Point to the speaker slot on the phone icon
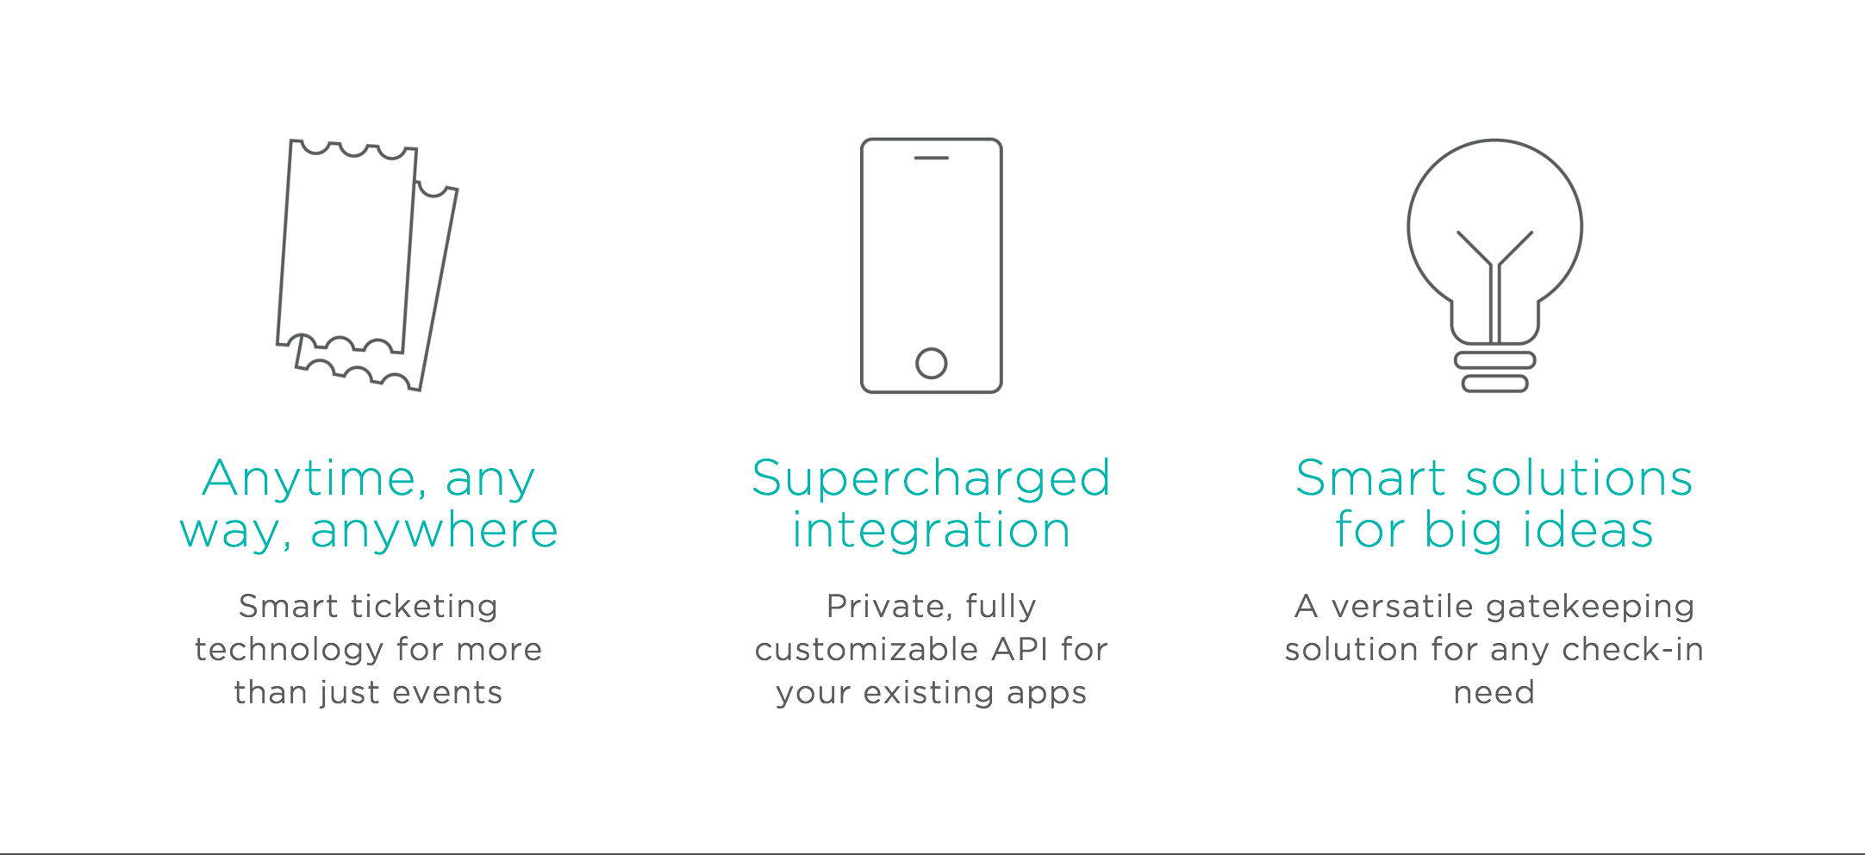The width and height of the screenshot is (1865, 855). coord(932,158)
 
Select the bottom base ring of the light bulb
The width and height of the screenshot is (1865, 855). coord(1495,384)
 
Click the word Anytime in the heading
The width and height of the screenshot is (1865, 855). coord(314,479)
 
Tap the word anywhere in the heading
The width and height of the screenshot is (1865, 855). coord(434,531)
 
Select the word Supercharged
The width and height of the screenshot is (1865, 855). coord(932,479)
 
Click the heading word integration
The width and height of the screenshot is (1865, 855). coord(932,529)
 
